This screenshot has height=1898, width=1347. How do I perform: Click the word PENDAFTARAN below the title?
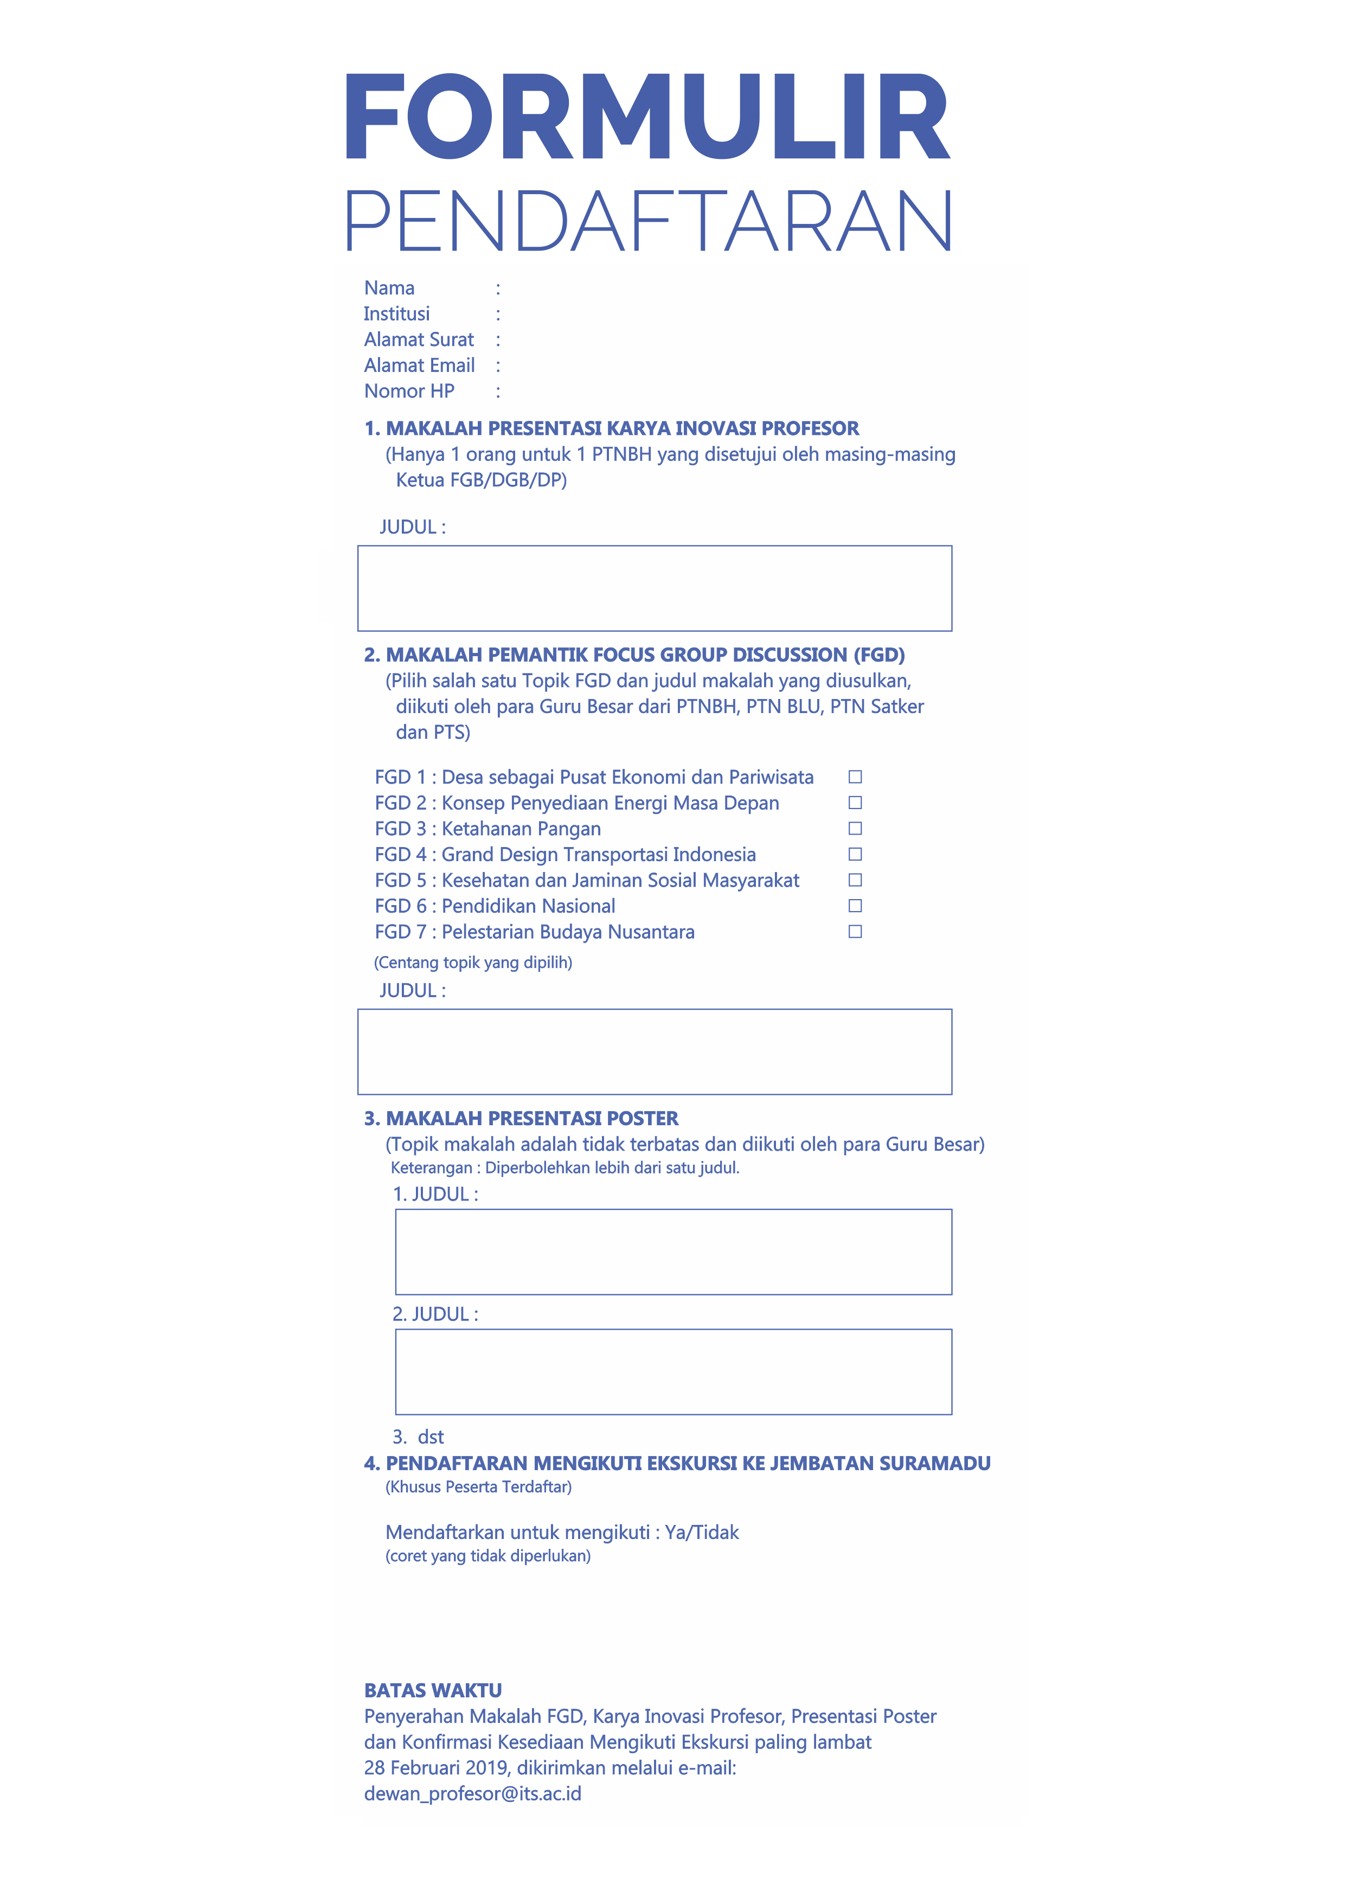pos(648,221)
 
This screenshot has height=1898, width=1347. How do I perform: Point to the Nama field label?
pos(389,288)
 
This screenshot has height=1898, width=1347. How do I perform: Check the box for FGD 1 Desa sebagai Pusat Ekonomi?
pos(855,777)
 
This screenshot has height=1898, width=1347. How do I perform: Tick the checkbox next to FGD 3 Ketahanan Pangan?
pos(855,828)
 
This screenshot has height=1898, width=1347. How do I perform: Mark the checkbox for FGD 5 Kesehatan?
pos(855,880)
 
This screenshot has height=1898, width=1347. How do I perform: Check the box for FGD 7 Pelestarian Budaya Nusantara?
pos(855,932)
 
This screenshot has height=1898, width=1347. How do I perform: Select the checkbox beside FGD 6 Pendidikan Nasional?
pos(855,906)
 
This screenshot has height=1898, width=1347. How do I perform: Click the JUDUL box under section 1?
pos(655,588)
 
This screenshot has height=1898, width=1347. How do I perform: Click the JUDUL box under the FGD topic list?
pos(655,1052)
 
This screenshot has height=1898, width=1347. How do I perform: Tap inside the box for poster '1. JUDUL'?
pos(673,1252)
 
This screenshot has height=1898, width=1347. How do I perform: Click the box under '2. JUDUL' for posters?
pos(673,1372)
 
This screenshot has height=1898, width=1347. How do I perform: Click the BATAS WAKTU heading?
pos(433,1691)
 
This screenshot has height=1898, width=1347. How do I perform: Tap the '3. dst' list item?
pos(419,1437)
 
